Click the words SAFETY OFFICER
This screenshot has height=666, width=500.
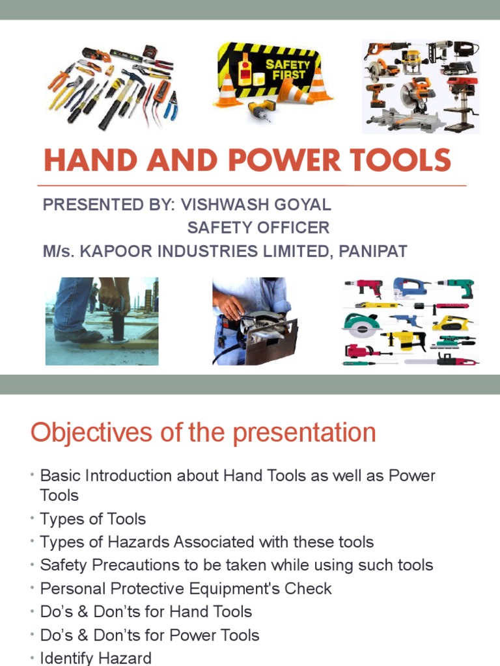point(258,228)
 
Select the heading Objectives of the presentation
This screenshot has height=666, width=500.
point(203,433)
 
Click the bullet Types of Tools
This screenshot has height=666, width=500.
point(92,519)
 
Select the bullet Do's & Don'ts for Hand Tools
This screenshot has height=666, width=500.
point(146,612)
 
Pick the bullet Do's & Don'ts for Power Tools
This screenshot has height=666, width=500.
point(150,635)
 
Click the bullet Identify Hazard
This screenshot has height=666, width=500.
point(96,658)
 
